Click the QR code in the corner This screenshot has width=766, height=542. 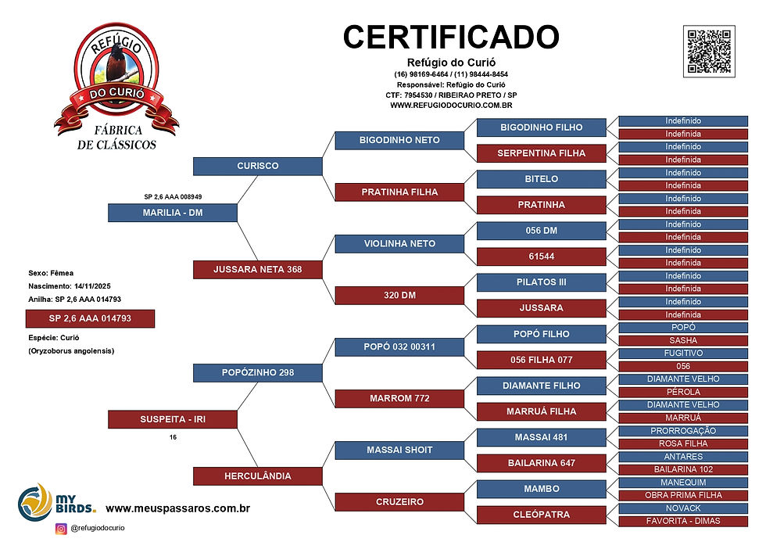coord(709,52)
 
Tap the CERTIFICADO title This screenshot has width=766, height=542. coord(451,37)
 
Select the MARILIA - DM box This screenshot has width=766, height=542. coord(173,213)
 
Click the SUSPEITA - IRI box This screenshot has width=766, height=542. coord(173,419)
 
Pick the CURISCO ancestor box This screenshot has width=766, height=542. coord(257,166)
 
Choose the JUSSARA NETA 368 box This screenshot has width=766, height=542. coord(257,269)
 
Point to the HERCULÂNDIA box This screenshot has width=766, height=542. coord(257,476)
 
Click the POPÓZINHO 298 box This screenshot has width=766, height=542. coord(257,372)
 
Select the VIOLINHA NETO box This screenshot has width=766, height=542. coord(399,243)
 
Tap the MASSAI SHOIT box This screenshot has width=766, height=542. coord(399,450)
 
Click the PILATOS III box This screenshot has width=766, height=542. coord(541,282)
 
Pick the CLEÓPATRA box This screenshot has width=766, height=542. coord(541,514)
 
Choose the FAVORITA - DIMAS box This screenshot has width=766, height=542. coord(683,521)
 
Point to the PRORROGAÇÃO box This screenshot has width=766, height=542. coord(683,431)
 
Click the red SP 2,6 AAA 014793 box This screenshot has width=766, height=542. coord(90,318)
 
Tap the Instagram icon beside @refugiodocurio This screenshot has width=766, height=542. coord(61,529)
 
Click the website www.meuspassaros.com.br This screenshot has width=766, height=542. coord(178,508)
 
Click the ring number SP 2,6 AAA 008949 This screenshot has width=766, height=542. coord(173,196)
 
